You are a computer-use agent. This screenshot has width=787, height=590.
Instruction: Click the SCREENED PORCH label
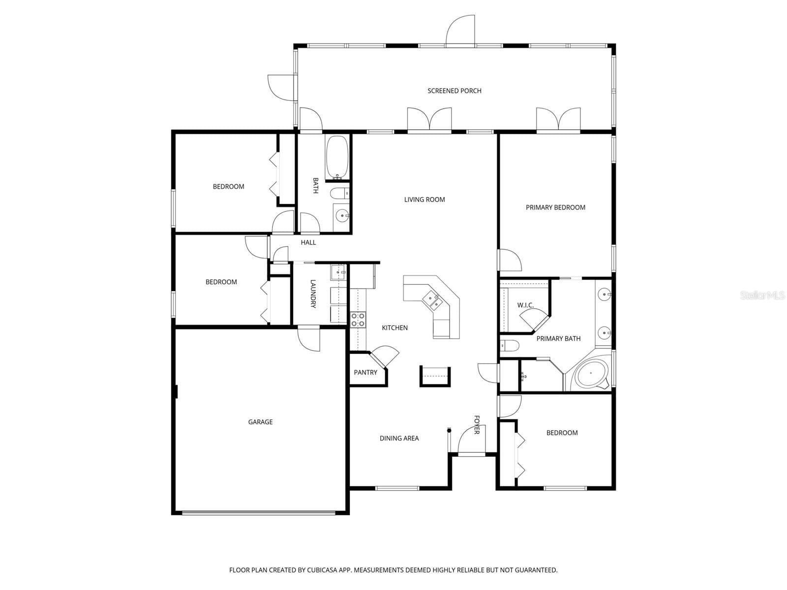tap(454, 91)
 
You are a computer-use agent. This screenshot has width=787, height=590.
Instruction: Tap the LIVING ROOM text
tap(424, 200)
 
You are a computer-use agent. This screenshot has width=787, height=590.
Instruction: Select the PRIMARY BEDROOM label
tap(555, 207)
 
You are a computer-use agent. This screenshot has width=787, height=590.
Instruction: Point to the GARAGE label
tap(260, 422)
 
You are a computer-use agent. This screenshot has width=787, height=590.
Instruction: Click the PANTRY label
tap(365, 373)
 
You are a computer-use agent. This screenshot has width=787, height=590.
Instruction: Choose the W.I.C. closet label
tap(525, 305)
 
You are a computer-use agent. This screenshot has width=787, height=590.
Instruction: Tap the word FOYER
tap(477, 425)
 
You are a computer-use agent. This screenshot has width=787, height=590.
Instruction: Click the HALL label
tap(308, 242)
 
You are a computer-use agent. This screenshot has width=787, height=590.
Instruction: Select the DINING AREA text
tap(399, 439)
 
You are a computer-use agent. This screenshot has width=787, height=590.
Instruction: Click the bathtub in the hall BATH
tap(336, 157)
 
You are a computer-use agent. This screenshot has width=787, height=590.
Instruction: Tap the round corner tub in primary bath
tap(591, 375)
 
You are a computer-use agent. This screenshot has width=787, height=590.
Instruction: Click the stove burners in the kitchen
tap(358, 320)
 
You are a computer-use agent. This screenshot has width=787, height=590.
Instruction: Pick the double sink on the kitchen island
tap(433, 300)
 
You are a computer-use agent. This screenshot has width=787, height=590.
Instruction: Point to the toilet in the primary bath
tap(510, 346)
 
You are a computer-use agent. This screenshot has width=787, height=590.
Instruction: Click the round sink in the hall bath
tap(342, 216)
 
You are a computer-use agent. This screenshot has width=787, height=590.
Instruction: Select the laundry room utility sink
tap(338, 272)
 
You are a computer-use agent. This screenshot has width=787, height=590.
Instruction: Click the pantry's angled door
tap(385, 356)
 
